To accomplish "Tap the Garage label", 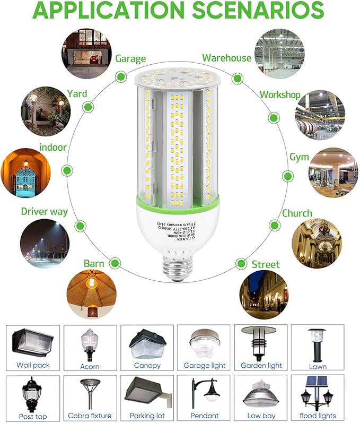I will [x=130, y=58].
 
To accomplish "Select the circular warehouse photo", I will [x=279, y=54].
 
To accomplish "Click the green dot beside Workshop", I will [x=274, y=118].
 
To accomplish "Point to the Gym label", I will [x=299, y=158].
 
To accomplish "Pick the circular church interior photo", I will [x=317, y=243].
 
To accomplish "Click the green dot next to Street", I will [x=241, y=264].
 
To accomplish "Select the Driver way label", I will [x=45, y=211].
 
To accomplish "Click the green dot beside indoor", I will [x=67, y=170].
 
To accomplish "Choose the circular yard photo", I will [x=46, y=111].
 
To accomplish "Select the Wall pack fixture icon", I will [x=32, y=342].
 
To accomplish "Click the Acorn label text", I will [x=90, y=366].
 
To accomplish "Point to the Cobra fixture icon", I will [x=90, y=393].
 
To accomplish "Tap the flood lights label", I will [x=317, y=416].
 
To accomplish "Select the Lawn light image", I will [x=317, y=343].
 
